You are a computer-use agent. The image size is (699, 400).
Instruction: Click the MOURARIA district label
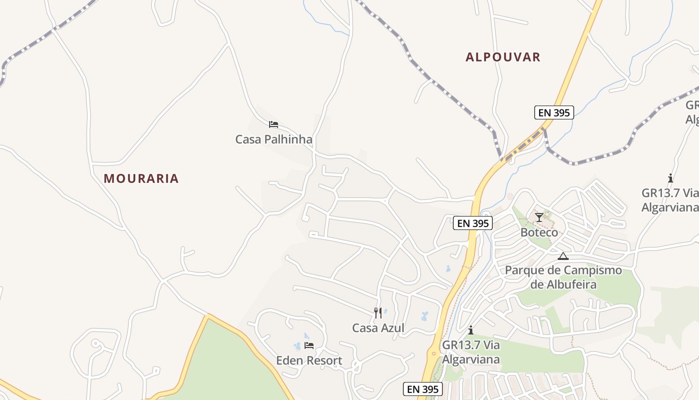[x=141, y=178]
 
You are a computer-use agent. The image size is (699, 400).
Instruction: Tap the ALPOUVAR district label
[x=503, y=57]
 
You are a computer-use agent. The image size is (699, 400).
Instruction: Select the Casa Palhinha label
[x=274, y=139]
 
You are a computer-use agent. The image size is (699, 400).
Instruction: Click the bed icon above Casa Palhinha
[x=273, y=124]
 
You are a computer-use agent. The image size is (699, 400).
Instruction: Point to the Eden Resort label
[x=309, y=360]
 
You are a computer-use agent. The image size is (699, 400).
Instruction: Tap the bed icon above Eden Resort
[x=309, y=345]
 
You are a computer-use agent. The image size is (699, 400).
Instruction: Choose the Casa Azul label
[x=378, y=328]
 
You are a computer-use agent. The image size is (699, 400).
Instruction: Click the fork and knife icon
[x=378, y=313]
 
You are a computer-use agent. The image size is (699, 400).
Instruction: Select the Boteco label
[x=539, y=232]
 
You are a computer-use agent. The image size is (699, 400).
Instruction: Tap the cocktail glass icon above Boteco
[x=539, y=217]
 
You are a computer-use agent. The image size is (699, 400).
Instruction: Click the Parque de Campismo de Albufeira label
[x=564, y=277]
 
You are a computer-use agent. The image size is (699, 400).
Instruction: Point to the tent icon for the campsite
[x=563, y=256]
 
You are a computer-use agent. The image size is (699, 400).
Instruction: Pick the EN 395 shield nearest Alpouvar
[x=554, y=112]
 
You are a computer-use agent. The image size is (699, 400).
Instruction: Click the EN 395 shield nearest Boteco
[x=473, y=223]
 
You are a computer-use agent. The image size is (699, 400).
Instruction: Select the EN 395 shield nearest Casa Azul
[x=422, y=389]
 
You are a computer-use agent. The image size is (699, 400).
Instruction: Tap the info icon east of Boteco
[x=670, y=178]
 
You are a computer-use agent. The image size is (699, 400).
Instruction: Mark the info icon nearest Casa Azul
[x=470, y=330]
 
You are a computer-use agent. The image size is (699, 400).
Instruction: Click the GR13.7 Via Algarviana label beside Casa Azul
[x=471, y=352]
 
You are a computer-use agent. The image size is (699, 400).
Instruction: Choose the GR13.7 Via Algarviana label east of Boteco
[x=670, y=200]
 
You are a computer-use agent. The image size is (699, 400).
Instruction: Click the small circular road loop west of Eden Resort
[x=95, y=343]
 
